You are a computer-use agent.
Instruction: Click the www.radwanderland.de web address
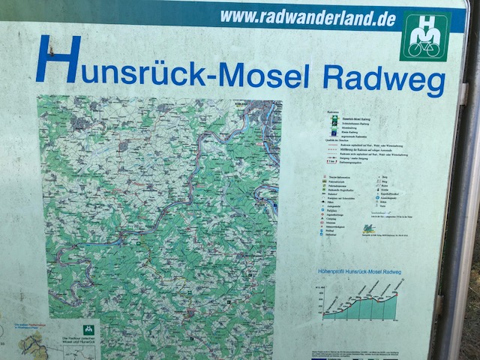307,18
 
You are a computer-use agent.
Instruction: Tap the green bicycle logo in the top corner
424,35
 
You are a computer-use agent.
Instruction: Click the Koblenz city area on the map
259,107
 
